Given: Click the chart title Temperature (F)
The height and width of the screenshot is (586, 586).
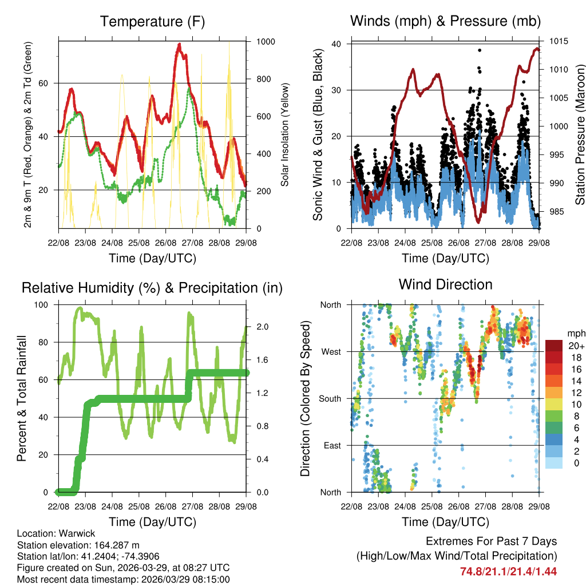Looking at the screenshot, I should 152,22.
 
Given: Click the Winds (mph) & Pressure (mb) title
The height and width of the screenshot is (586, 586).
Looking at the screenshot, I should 445,22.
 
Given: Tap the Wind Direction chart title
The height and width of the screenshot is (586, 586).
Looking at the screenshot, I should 445,284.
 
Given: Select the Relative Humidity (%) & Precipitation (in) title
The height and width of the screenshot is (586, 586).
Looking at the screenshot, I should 152,288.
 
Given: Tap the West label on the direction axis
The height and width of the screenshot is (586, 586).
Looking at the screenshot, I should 330,351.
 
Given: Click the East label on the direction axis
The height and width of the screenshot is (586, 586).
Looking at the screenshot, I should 331,445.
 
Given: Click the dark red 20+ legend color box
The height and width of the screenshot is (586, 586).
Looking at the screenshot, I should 553,346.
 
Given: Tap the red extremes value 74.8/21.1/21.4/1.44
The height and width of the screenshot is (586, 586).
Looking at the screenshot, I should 508,571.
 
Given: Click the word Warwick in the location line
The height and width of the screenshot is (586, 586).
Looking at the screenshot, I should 73,533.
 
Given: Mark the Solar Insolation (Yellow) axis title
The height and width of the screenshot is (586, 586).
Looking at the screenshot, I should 284,135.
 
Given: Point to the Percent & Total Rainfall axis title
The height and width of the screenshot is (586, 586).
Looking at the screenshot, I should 21,398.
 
